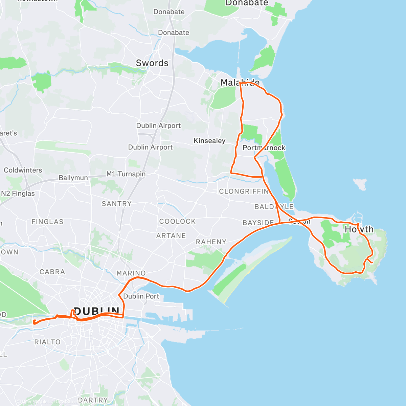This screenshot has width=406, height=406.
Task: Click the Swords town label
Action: pos(152,63)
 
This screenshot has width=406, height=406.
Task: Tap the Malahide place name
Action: pos(240,82)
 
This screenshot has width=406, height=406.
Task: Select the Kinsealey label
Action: pos(209,141)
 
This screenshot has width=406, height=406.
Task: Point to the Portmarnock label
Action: pos(264,148)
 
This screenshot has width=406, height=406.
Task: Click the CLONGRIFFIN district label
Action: pos(244,191)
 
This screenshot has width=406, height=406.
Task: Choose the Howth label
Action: pos(359,229)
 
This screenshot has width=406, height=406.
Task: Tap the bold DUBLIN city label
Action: pos(96,311)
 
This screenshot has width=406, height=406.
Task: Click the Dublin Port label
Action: pos(141,296)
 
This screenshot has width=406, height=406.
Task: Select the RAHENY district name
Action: pos(211,242)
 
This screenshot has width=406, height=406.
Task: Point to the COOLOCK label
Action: pos(178,221)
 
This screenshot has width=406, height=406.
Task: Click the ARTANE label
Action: pos(171,236)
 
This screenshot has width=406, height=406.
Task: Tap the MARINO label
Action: pos(131,273)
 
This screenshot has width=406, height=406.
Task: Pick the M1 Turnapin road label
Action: pos(126,174)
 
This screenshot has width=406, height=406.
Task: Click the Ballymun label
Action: pos(73,178)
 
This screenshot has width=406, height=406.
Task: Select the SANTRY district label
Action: pos(116,204)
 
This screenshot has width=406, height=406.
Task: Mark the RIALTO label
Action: pos(47,342)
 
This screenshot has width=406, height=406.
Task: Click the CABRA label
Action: pos(52,272)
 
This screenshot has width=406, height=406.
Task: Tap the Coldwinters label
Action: pos(23,170)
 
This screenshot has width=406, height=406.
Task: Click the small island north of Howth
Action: pos(360,184)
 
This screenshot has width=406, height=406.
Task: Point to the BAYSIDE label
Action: pos(258,223)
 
